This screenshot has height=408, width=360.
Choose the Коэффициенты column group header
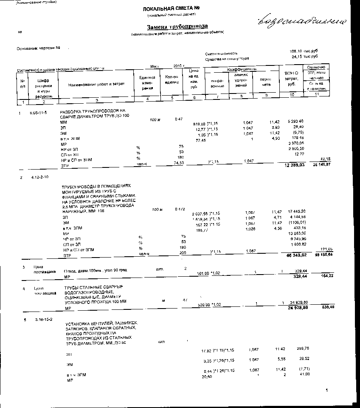pos(242,69)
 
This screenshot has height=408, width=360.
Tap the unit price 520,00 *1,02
pos(211,304)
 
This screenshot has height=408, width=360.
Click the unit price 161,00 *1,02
pos(210,273)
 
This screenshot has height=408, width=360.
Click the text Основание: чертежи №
pos(38,48)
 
